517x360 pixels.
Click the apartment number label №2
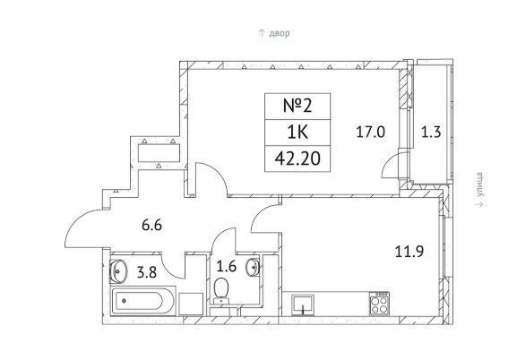pyautogui.click(x=297, y=107)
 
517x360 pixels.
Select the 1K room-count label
pyautogui.click(x=297, y=133)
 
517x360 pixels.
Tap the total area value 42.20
pyautogui.click(x=297, y=159)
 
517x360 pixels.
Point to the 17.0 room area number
pyautogui.click(x=371, y=133)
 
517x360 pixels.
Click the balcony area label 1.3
pyautogui.click(x=431, y=133)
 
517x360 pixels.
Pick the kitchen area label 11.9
pyautogui.click(x=409, y=252)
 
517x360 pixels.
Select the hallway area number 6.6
pyautogui.click(x=151, y=226)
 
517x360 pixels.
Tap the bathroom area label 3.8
pyautogui.click(x=147, y=272)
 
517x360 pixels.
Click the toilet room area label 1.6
pyautogui.click(x=226, y=266)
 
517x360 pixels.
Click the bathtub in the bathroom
pyautogui.click(x=142, y=301)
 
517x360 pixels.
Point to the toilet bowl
pyautogui.click(x=221, y=290)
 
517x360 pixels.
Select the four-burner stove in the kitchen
pyautogui.click(x=379, y=303)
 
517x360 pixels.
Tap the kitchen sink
pyautogui.click(x=303, y=305)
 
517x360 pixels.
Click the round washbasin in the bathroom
pyautogui.click(x=117, y=271)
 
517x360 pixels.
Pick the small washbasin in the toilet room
pyautogui.click(x=253, y=267)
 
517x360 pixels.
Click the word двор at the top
pyautogui.click(x=280, y=33)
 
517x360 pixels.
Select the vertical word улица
pyautogui.click(x=480, y=185)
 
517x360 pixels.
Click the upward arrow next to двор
pyautogui.click(x=262, y=33)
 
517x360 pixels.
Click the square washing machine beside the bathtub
pyautogui.click(x=191, y=304)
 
